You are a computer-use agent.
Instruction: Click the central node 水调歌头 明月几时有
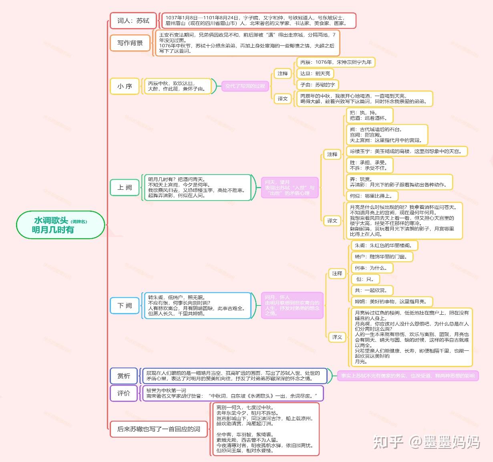point(60,225)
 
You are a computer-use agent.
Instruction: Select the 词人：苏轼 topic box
point(133,21)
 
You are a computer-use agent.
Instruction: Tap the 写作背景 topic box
point(130,43)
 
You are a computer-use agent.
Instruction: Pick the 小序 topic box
point(125,86)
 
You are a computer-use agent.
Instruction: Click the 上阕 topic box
point(125,187)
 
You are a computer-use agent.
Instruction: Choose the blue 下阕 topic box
point(125,305)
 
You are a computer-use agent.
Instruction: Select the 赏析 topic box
point(124,376)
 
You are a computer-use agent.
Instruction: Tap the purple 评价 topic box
point(124,393)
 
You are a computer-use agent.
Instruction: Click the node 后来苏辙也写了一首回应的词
point(159,429)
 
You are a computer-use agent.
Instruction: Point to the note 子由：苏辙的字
point(317,84)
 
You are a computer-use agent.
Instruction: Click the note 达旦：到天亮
point(315,73)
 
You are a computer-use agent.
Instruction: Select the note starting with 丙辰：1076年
point(336,62)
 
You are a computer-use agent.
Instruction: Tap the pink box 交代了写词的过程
point(245,86)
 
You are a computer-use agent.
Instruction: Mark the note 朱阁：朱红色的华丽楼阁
point(384,245)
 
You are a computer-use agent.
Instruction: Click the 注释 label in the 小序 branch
point(283,73)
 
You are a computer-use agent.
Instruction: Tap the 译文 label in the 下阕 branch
point(337,337)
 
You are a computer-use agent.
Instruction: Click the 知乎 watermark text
point(388,442)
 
